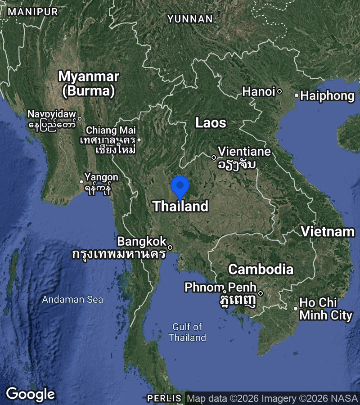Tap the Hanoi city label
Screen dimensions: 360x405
[x=259, y=92]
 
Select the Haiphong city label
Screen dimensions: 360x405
[x=327, y=95]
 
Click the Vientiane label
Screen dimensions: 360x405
[x=244, y=152]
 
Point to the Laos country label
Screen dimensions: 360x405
[x=211, y=122]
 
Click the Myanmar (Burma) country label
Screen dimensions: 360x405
[x=89, y=83]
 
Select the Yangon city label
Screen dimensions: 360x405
[x=102, y=177]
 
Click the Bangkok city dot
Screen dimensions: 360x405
[x=170, y=247]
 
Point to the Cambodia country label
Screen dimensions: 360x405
[x=261, y=269]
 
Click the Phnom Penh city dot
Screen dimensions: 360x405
[x=260, y=293]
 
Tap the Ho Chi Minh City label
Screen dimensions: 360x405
[x=326, y=309]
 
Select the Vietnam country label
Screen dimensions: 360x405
[x=328, y=232]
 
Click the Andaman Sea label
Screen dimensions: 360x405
[x=72, y=299]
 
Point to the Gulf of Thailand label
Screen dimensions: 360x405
[x=187, y=332]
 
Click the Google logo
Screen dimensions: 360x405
[x=31, y=394]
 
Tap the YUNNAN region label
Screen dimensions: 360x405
[x=190, y=19]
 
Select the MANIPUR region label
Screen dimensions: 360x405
[x=33, y=12]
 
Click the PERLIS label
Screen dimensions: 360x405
[x=164, y=398]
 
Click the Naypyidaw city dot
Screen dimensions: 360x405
[x=80, y=119]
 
